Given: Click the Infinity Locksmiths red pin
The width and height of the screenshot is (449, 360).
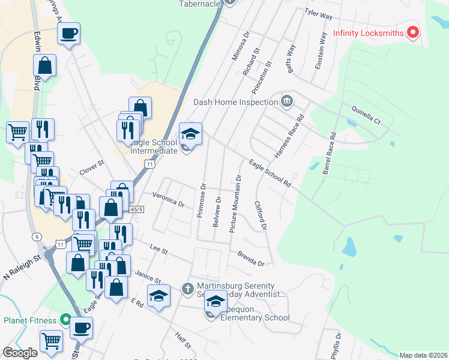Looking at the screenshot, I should pos(413,32).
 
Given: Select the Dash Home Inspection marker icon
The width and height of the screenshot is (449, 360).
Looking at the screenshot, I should pos(286,101).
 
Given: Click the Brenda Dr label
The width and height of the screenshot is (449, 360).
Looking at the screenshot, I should pos(250,259).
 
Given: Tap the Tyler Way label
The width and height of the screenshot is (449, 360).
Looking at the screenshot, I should pos(318,12).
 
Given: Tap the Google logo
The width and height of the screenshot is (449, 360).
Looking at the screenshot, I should pos(20,352).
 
